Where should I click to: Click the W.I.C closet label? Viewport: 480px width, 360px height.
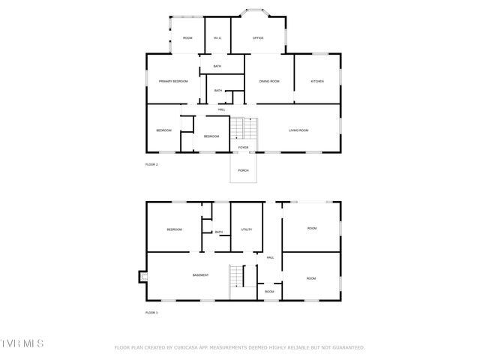coord(217,37)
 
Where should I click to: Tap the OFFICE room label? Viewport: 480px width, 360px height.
coord(258,37)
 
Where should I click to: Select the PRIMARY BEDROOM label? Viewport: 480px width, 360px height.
coord(172,81)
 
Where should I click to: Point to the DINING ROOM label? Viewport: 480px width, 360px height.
coord(269,81)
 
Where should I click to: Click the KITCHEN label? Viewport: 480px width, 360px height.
coord(317,81)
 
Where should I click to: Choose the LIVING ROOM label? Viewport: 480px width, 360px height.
coord(298,130)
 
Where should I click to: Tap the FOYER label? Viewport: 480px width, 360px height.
coord(243,148)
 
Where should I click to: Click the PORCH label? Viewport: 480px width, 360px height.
coord(243,170)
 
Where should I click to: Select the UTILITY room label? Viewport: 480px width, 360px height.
coord(246,229)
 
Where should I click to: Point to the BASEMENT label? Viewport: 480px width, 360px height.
coord(200,275)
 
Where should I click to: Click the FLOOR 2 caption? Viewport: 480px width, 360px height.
coord(151,164)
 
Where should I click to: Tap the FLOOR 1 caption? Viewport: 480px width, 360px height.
coord(151,312)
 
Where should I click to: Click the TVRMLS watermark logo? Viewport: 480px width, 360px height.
coord(22,343)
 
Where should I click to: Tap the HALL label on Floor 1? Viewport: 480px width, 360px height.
coord(270,258)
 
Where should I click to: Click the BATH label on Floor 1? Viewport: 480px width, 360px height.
coord(218,232)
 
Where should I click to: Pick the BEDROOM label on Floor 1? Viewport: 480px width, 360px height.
coord(174,229)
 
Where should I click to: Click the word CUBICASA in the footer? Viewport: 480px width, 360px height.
coord(190,348)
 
